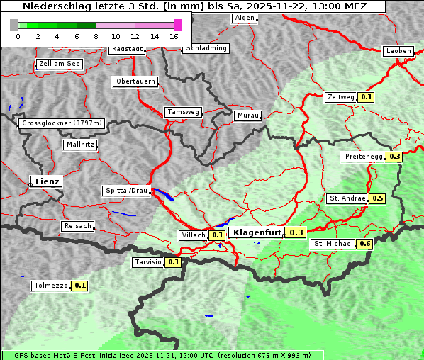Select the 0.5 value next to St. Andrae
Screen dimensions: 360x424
coord(377,198)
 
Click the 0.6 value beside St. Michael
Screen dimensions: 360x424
coord(364,244)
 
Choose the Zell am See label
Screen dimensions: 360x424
coord(59,64)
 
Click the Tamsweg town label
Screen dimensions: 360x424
coord(184,112)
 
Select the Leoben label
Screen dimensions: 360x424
coord(398,51)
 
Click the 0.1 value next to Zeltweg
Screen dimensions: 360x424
coord(366,97)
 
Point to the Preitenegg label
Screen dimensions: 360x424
coord(363,157)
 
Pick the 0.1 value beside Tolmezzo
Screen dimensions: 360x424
coord(79,286)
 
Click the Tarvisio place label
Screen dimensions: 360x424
coord(148,262)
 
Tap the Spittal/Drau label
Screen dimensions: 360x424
coord(127,191)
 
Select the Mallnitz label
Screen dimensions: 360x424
coord(79,145)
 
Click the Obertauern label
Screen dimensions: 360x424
coord(135,81)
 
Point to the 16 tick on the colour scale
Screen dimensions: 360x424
coord(174,36)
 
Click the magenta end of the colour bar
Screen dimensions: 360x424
coord(177,25)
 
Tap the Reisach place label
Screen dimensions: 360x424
coord(78,226)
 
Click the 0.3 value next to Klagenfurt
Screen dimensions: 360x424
coord(296,232)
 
